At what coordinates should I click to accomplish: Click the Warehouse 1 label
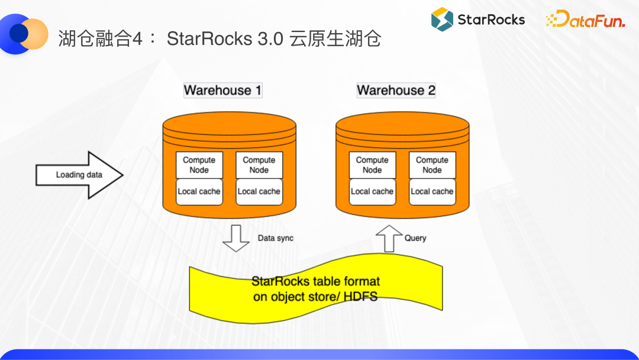click(222, 91)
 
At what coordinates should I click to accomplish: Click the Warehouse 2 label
click(396, 91)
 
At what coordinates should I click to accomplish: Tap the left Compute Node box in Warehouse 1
click(199, 165)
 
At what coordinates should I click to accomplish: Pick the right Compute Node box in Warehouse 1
click(259, 165)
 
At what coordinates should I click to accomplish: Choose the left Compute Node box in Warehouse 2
click(372, 165)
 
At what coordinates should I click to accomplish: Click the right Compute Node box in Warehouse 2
click(432, 165)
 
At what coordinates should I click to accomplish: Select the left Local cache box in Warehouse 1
click(199, 192)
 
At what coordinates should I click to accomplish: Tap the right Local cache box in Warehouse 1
click(259, 192)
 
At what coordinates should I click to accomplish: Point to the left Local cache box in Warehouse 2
click(372, 192)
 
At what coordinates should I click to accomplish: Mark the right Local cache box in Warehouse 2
click(432, 192)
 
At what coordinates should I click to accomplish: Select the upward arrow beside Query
click(389, 238)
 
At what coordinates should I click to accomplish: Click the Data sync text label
click(276, 238)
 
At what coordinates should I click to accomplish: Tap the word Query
click(415, 238)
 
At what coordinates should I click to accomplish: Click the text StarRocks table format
click(315, 281)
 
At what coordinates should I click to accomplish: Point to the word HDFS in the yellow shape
click(361, 296)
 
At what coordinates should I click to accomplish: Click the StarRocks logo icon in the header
click(441, 20)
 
